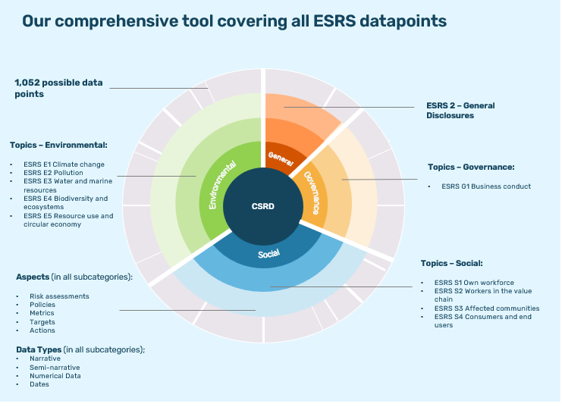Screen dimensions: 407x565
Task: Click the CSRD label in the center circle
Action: point(263,205)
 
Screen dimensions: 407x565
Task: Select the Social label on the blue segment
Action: point(268,254)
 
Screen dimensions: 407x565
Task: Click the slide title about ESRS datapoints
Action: point(234,20)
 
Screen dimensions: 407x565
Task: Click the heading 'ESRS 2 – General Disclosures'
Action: point(460,111)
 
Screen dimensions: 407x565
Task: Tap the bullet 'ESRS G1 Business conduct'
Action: point(486,186)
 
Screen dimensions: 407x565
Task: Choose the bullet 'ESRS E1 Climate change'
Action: point(64,164)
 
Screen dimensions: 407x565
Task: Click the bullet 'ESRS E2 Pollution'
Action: point(53,172)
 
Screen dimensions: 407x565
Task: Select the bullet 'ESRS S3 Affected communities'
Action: point(486,308)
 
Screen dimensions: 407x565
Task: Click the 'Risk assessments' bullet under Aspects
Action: point(59,296)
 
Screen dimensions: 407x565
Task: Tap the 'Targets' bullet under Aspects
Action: point(42,321)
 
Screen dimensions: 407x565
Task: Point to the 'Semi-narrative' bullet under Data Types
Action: point(55,367)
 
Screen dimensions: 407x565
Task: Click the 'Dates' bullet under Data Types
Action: point(39,384)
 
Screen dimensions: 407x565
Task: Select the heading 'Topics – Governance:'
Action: point(471,167)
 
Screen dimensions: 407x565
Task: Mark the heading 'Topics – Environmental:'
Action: point(58,145)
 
